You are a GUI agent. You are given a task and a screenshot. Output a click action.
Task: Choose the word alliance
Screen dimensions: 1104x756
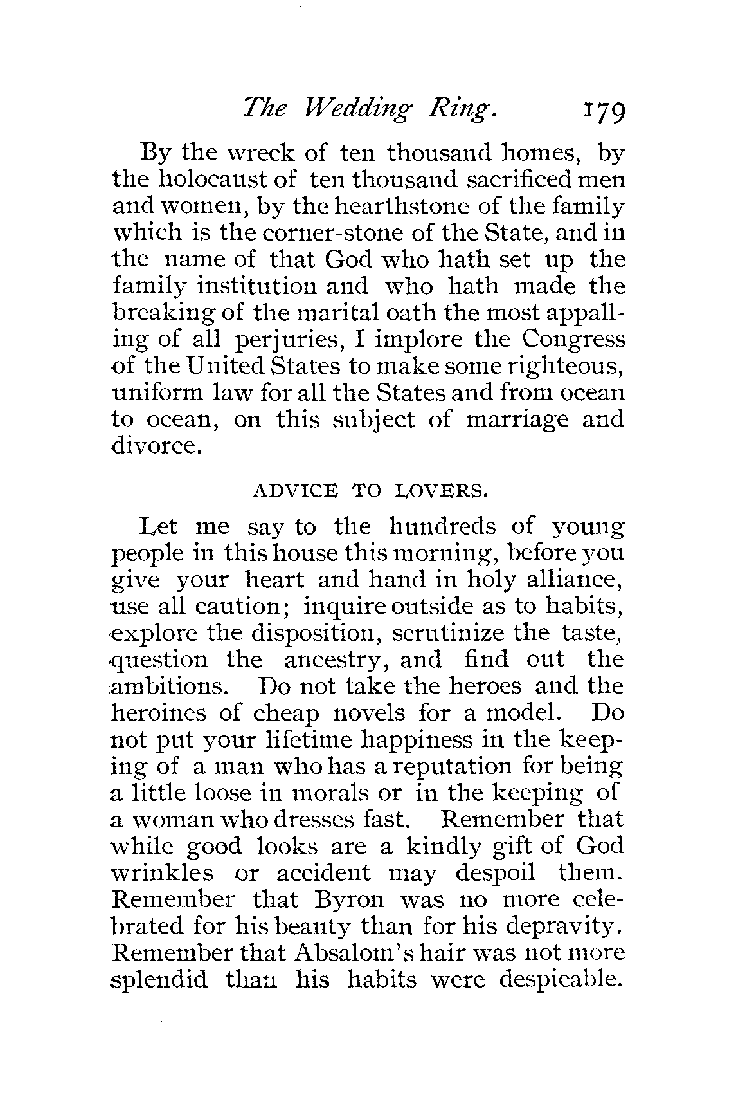tap(573, 580)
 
